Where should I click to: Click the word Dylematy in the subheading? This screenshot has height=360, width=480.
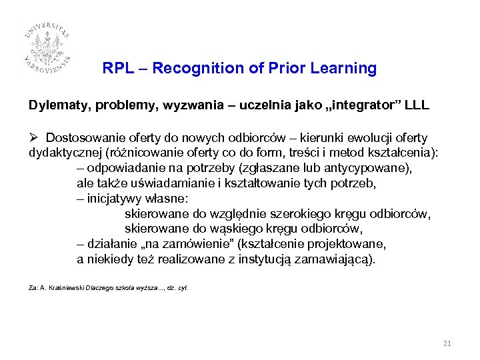click(53, 106)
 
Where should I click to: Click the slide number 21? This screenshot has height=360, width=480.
click(447, 343)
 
